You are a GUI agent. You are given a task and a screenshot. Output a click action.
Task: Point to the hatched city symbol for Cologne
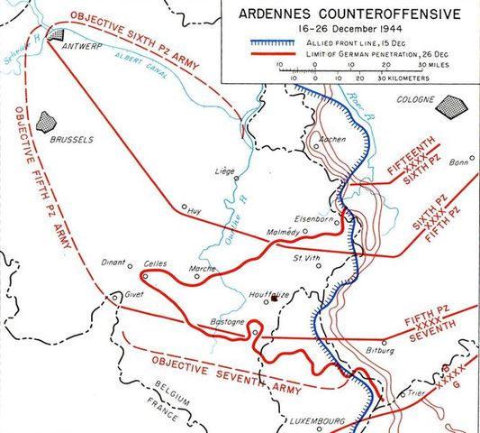[448, 106]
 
